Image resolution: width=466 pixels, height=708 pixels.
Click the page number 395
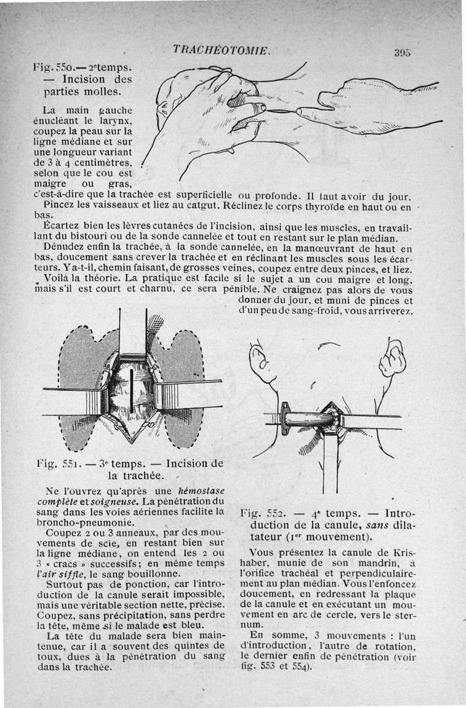(x=403, y=52)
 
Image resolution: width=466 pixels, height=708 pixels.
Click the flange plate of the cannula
(x=285, y=418)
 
